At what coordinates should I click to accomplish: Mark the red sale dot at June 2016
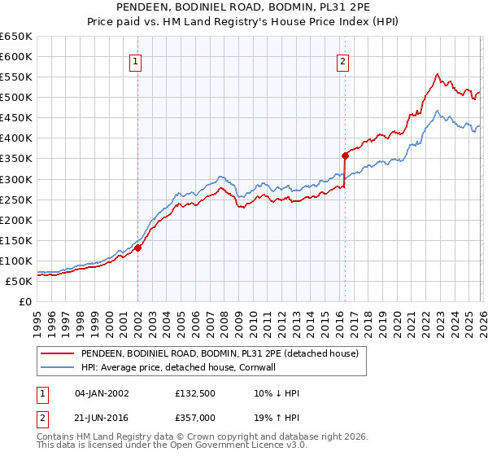345,156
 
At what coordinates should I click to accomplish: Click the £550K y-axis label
16,77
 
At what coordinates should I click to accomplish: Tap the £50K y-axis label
20,281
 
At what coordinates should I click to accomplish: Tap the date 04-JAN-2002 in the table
102,393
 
